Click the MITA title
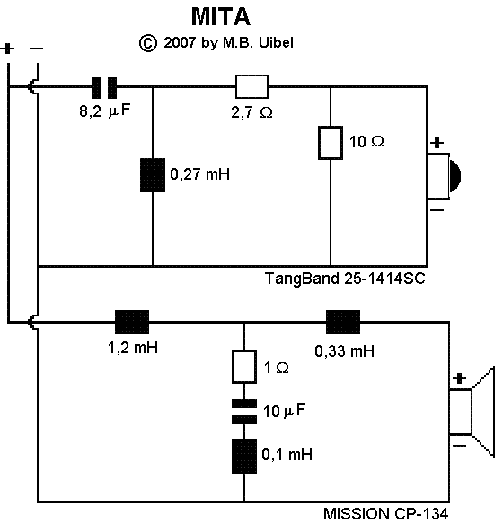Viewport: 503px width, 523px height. click(x=221, y=17)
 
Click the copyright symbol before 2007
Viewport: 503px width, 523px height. click(x=147, y=43)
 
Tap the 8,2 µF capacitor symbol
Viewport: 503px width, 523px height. click(x=104, y=88)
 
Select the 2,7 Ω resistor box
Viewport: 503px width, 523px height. click(x=251, y=87)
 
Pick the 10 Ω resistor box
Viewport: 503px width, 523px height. click(x=331, y=143)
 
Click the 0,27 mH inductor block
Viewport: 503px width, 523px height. click(x=153, y=175)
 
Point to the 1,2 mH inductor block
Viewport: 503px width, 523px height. click(x=132, y=322)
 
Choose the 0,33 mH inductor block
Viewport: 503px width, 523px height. click(x=343, y=322)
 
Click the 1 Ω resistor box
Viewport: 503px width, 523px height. click(x=244, y=367)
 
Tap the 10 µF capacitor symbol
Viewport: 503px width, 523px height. click(x=244, y=412)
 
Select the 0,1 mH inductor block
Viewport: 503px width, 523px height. click(x=244, y=457)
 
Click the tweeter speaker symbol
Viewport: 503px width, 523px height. click(x=444, y=176)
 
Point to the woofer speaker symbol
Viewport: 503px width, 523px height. click(x=472, y=412)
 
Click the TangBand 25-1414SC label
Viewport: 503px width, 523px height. click(x=345, y=279)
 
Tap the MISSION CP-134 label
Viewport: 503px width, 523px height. click(x=385, y=514)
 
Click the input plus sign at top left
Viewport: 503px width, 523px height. click(x=8, y=49)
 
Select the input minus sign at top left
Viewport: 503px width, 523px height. click(x=36, y=49)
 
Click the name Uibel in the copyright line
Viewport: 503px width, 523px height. click(x=276, y=43)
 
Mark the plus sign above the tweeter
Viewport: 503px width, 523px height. click(x=437, y=143)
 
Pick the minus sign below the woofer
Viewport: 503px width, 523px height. click(x=459, y=446)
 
